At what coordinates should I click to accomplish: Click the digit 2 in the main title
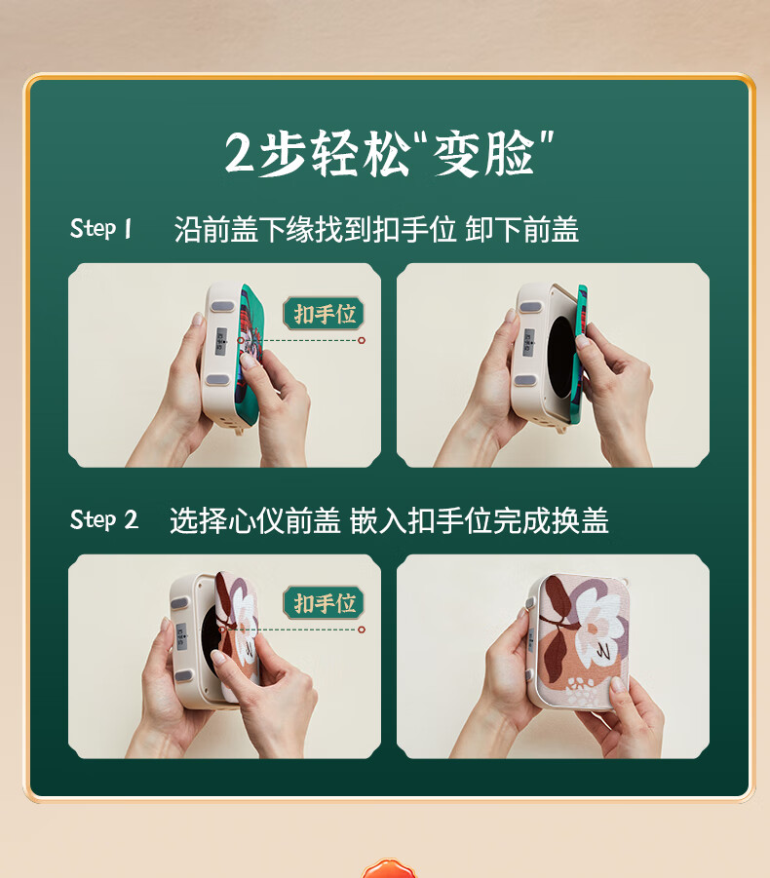coord(240,152)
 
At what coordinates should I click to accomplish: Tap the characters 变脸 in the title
coord(484,154)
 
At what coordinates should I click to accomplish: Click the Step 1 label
coord(100,228)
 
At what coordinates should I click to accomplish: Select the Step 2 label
coord(103,519)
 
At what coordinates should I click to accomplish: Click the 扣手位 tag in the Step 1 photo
coord(324,313)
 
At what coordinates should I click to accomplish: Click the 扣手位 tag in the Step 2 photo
coord(324,603)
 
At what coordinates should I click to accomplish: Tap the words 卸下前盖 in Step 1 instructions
coord(521,230)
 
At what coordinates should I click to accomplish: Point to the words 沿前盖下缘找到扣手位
coord(315,230)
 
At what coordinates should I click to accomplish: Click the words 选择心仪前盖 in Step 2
coord(255,520)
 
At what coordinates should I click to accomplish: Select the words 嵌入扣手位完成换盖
coord(480,520)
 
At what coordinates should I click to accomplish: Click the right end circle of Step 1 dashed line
coord(362,340)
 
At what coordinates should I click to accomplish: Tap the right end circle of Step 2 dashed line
coord(362,630)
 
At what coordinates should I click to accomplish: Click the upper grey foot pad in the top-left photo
coord(222,306)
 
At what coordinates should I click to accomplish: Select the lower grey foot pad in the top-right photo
coord(525,381)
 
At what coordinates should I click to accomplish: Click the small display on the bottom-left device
coord(181,636)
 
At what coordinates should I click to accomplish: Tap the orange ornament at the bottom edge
coord(388,868)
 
